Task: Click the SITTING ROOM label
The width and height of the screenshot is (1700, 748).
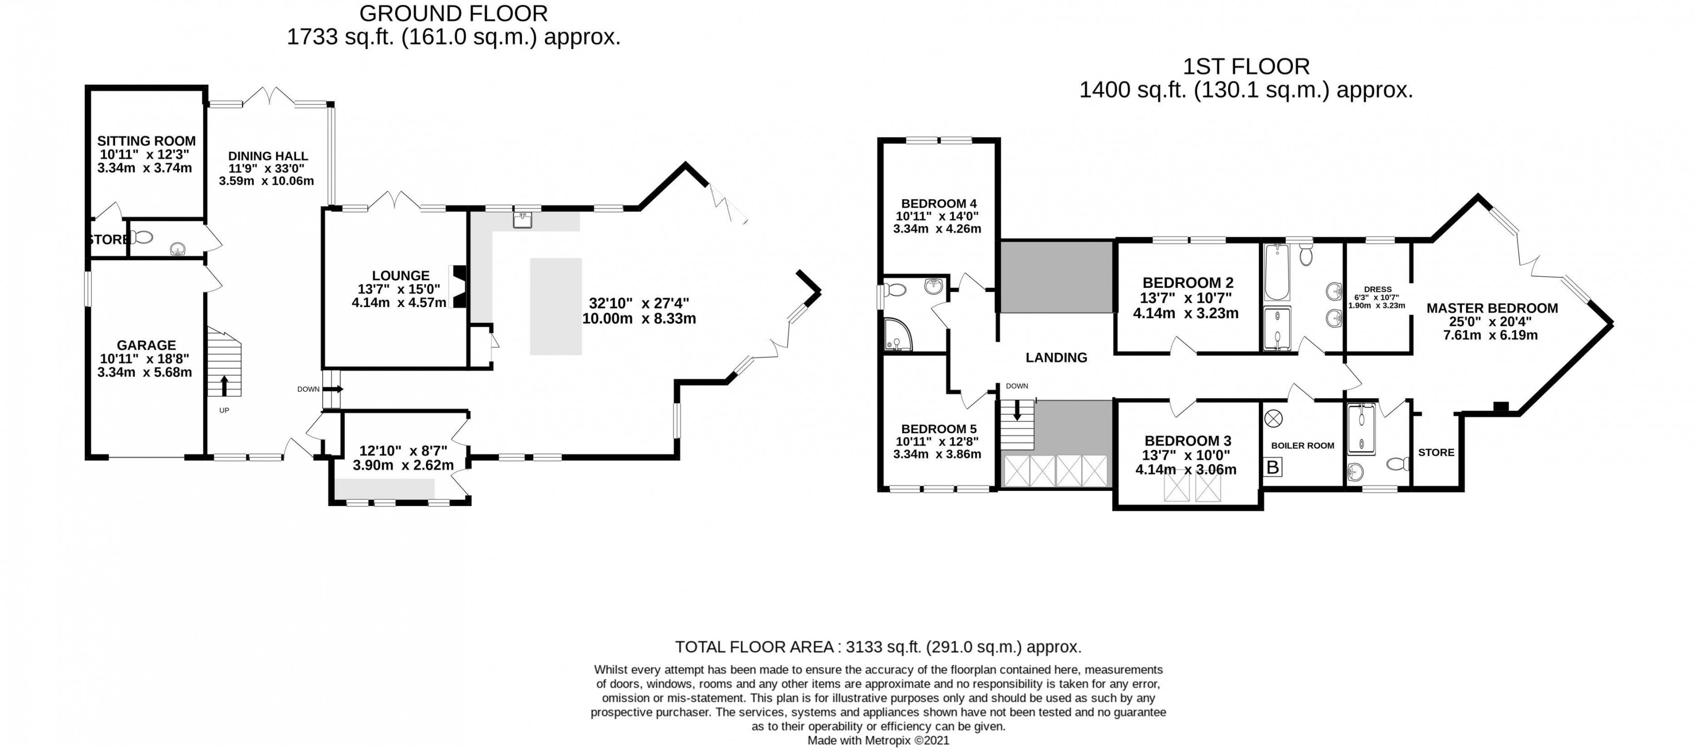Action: point(146,141)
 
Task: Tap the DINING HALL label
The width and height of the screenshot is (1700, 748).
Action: point(268,156)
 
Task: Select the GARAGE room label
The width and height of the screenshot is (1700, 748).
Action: point(146,345)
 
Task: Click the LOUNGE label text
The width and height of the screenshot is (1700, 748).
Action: point(401,275)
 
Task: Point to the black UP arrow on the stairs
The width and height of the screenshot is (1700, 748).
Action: point(225,385)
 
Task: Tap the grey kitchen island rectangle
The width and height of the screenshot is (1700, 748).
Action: point(556,307)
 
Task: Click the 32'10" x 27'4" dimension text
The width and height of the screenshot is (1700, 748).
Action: point(639,303)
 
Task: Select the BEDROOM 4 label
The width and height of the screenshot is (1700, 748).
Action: point(939,203)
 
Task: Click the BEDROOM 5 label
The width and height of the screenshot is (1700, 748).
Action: point(939,429)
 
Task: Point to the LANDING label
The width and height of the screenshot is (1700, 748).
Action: point(1056,357)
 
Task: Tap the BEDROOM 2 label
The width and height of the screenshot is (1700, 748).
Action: point(1188,283)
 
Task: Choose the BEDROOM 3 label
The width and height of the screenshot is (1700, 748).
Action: point(1188,440)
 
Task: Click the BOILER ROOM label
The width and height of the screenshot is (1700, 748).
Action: point(1303,446)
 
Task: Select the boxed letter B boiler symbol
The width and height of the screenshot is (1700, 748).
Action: point(1273,467)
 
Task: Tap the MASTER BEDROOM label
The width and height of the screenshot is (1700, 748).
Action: point(1492,308)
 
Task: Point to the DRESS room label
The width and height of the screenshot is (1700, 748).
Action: point(1378,289)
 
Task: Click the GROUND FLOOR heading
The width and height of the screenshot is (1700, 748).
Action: point(453,13)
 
